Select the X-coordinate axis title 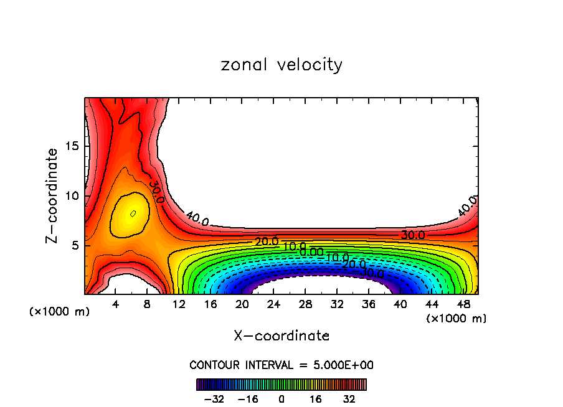tap(281, 336)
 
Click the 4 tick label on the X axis tap(116, 305)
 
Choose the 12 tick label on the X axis tap(179, 305)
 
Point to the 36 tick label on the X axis tap(368, 305)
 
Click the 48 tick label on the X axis tap(463, 305)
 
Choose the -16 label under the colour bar tap(247, 399)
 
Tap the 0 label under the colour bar tap(281, 399)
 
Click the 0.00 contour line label tap(311, 252)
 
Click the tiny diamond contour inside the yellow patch tap(133, 213)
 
